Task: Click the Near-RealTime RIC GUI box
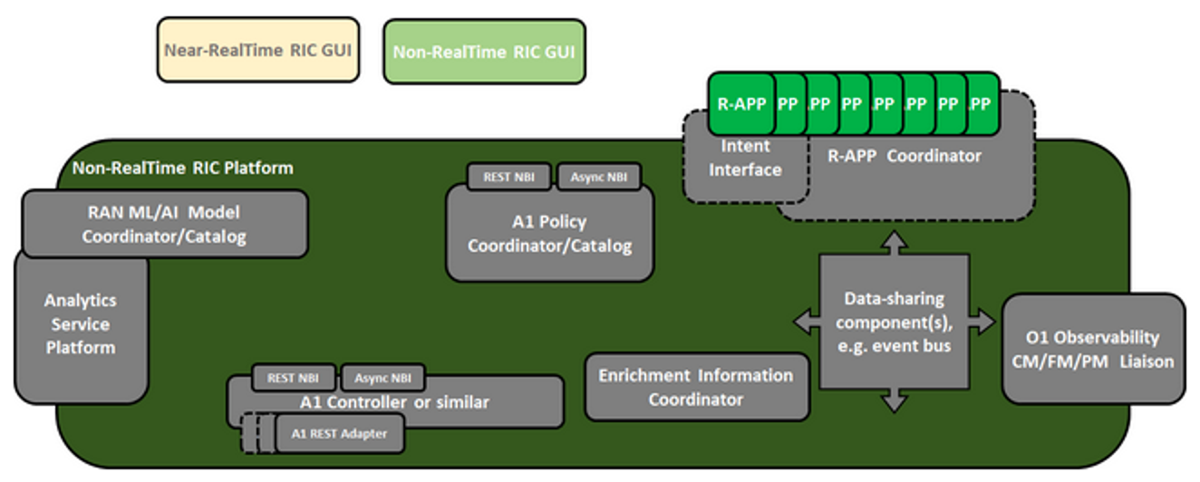[257, 51]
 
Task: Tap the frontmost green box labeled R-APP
[740, 103]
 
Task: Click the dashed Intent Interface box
[745, 159]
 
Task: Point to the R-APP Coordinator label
[904, 156]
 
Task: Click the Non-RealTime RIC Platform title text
[182, 168]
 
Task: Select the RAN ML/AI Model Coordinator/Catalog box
[164, 224]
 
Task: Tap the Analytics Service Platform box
[82, 323]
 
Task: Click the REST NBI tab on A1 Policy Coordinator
[508, 177]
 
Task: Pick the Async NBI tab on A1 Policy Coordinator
[598, 177]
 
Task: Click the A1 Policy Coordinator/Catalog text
[549, 234]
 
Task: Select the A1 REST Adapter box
[339, 434]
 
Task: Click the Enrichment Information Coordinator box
[695, 387]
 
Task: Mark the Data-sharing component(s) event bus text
[893, 322]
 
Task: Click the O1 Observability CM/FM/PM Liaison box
[1093, 349]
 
